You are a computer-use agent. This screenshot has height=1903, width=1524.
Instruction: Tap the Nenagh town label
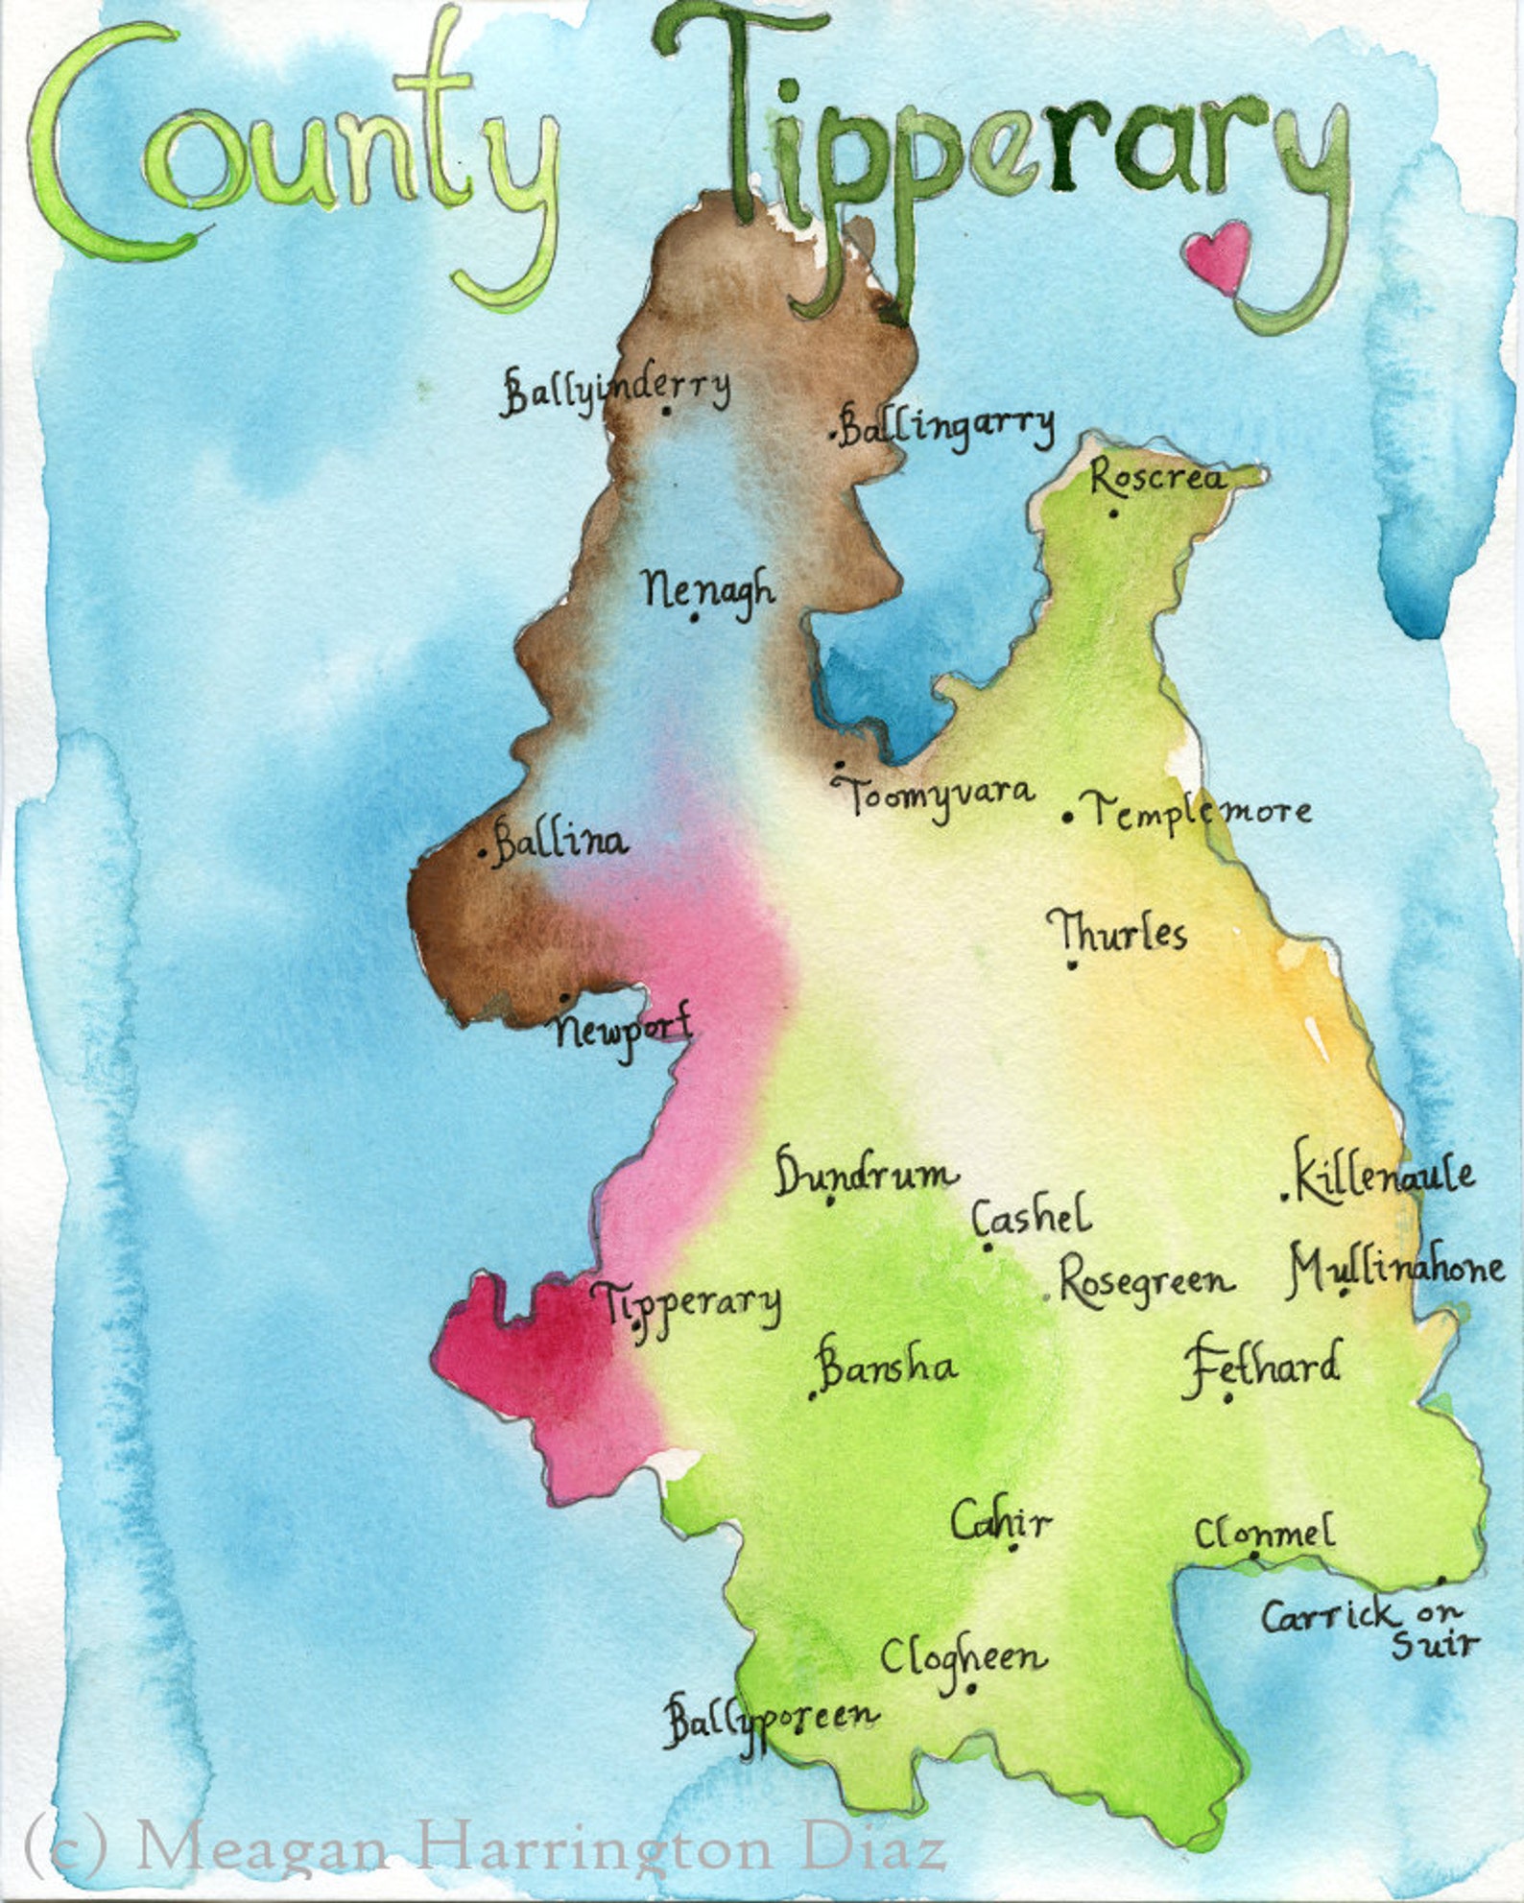(x=708, y=588)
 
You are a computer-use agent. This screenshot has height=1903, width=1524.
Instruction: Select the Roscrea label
(x=1158, y=477)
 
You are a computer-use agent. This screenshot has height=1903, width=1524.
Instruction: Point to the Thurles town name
(x=1117, y=932)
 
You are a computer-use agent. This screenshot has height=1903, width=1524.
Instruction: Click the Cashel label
(x=1032, y=1217)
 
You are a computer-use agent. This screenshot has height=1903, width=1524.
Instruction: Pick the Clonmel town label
(x=1264, y=1532)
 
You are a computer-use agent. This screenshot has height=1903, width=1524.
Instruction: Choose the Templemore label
(x=1200, y=811)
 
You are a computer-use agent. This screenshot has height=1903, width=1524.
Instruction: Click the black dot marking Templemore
(x=1067, y=818)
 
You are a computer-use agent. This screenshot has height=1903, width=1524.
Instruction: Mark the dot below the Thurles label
(x=1072, y=964)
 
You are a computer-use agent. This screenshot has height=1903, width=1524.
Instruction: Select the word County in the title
(x=288, y=154)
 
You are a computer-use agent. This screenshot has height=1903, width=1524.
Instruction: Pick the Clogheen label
(x=963, y=1657)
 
